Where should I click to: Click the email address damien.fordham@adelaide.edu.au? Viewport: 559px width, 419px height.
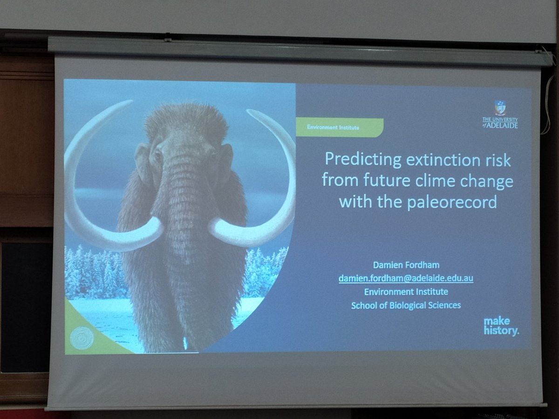tap(406, 278)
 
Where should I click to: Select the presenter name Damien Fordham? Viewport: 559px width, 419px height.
tap(406, 265)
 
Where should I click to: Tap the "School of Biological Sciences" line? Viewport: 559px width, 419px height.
tap(406, 305)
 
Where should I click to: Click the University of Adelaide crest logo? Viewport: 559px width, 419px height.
tap(500, 108)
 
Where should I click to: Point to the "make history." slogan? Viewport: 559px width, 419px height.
tap(501, 326)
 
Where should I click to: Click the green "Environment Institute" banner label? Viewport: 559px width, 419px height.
tap(339, 128)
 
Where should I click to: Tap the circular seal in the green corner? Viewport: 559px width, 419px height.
tap(82, 337)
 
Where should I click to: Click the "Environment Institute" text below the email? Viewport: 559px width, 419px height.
tap(406, 292)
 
